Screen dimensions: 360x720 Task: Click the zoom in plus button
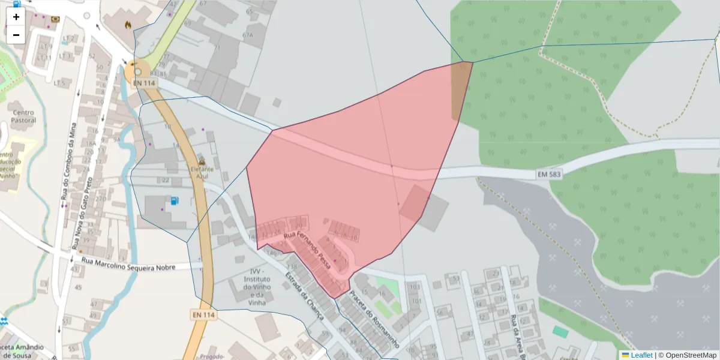tap(16, 17)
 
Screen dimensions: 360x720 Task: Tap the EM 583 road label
tap(550, 174)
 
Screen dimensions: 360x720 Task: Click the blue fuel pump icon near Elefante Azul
tap(174, 200)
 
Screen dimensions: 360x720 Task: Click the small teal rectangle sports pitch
tap(560, 332)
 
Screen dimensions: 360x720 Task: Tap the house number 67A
tap(248, 35)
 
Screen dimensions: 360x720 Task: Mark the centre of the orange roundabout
tap(137, 71)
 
